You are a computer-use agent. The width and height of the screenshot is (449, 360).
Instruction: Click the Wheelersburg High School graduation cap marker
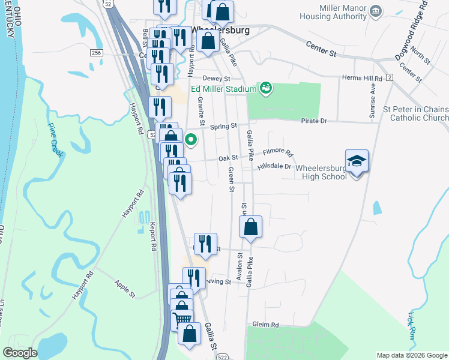pos(357,162)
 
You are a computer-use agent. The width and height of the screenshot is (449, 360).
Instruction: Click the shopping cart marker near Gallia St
pos(182,319)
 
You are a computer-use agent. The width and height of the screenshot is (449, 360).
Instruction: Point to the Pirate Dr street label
pos(315,121)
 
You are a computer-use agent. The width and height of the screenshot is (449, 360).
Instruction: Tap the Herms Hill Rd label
pos(362,79)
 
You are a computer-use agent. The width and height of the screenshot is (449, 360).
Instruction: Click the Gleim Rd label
pos(266,325)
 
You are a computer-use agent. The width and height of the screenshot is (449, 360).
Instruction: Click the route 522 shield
pos(221,356)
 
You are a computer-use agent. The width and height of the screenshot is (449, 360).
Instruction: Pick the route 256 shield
pos(97,53)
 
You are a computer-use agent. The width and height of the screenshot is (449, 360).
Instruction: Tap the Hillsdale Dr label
pos(274,166)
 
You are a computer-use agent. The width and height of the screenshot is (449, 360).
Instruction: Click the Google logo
pos(20,353)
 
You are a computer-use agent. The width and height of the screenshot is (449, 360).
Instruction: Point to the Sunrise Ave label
pos(373,100)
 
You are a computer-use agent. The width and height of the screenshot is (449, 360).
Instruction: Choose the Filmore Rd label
pos(277,154)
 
